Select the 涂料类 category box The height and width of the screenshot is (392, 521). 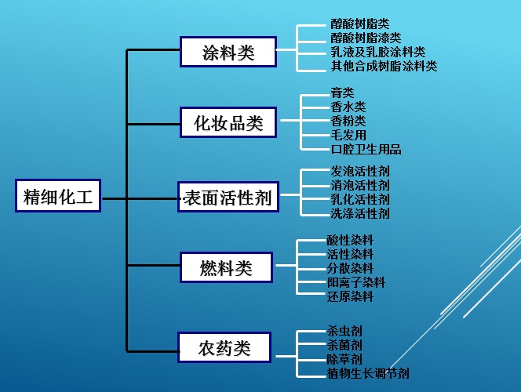[x=228, y=53]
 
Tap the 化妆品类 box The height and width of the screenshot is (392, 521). [x=228, y=123]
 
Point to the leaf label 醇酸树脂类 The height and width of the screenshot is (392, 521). [x=359, y=24]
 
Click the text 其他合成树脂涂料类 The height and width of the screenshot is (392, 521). [x=384, y=66]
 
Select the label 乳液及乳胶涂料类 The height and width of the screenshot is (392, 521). [x=377, y=52]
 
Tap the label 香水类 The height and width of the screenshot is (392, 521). [x=348, y=107]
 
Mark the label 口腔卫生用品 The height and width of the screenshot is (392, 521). [x=366, y=149]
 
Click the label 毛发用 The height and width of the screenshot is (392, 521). [x=348, y=135]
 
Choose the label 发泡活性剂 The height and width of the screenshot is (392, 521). [x=359, y=171]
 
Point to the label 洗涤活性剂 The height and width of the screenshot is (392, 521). [x=359, y=213]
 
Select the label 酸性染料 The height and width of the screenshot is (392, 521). [x=350, y=240]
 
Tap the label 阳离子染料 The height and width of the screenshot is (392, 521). [x=355, y=282]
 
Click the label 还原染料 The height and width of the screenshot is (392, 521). [x=350, y=296]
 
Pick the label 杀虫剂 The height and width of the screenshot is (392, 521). [x=344, y=332]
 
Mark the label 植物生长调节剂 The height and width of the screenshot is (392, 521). [x=367, y=374]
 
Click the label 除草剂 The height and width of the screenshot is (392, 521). [x=344, y=360]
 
